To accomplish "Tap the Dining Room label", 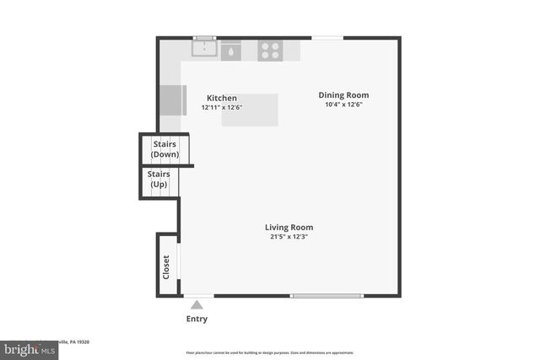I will point(343,95).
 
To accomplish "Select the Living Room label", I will point(289,228).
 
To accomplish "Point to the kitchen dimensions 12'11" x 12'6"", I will point(222,108).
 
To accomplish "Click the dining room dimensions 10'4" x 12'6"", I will point(343,105).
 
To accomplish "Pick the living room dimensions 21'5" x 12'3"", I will point(289,237).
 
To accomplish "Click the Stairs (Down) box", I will point(165,149).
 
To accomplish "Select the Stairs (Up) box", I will point(159,180).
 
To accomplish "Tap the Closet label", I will point(166,267).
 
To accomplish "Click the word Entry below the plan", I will point(197,320).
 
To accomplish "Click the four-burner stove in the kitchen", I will point(270,51).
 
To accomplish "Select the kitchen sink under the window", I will point(203,49).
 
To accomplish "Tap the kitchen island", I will point(250,110).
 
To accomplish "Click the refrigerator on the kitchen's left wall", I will point(172,100).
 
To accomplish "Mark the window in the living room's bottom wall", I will point(326,296).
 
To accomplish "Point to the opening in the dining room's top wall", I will point(327,38).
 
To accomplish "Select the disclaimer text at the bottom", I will point(270,352).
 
